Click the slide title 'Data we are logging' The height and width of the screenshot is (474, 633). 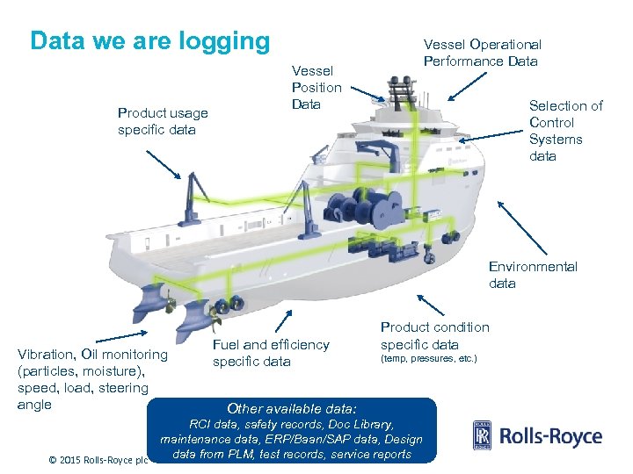click(x=149, y=41)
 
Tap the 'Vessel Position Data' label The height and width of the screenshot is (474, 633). click(x=316, y=88)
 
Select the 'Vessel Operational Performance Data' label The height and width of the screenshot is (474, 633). click(x=482, y=53)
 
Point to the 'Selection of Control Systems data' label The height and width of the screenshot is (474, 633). click(x=565, y=131)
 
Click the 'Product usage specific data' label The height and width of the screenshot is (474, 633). click(x=163, y=121)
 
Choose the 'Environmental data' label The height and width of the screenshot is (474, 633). click(x=533, y=275)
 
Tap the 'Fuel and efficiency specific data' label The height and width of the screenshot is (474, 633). click(x=271, y=353)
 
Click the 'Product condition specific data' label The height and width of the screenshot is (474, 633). click(x=434, y=335)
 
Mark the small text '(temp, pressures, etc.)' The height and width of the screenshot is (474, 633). click(x=428, y=359)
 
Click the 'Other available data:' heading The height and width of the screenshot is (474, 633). click(x=292, y=408)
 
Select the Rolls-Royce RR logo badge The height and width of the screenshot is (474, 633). click(x=482, y=436)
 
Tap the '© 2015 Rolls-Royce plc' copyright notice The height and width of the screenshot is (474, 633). click(x=98, y=459)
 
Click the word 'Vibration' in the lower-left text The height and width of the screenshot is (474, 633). click(x=46, y=355)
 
